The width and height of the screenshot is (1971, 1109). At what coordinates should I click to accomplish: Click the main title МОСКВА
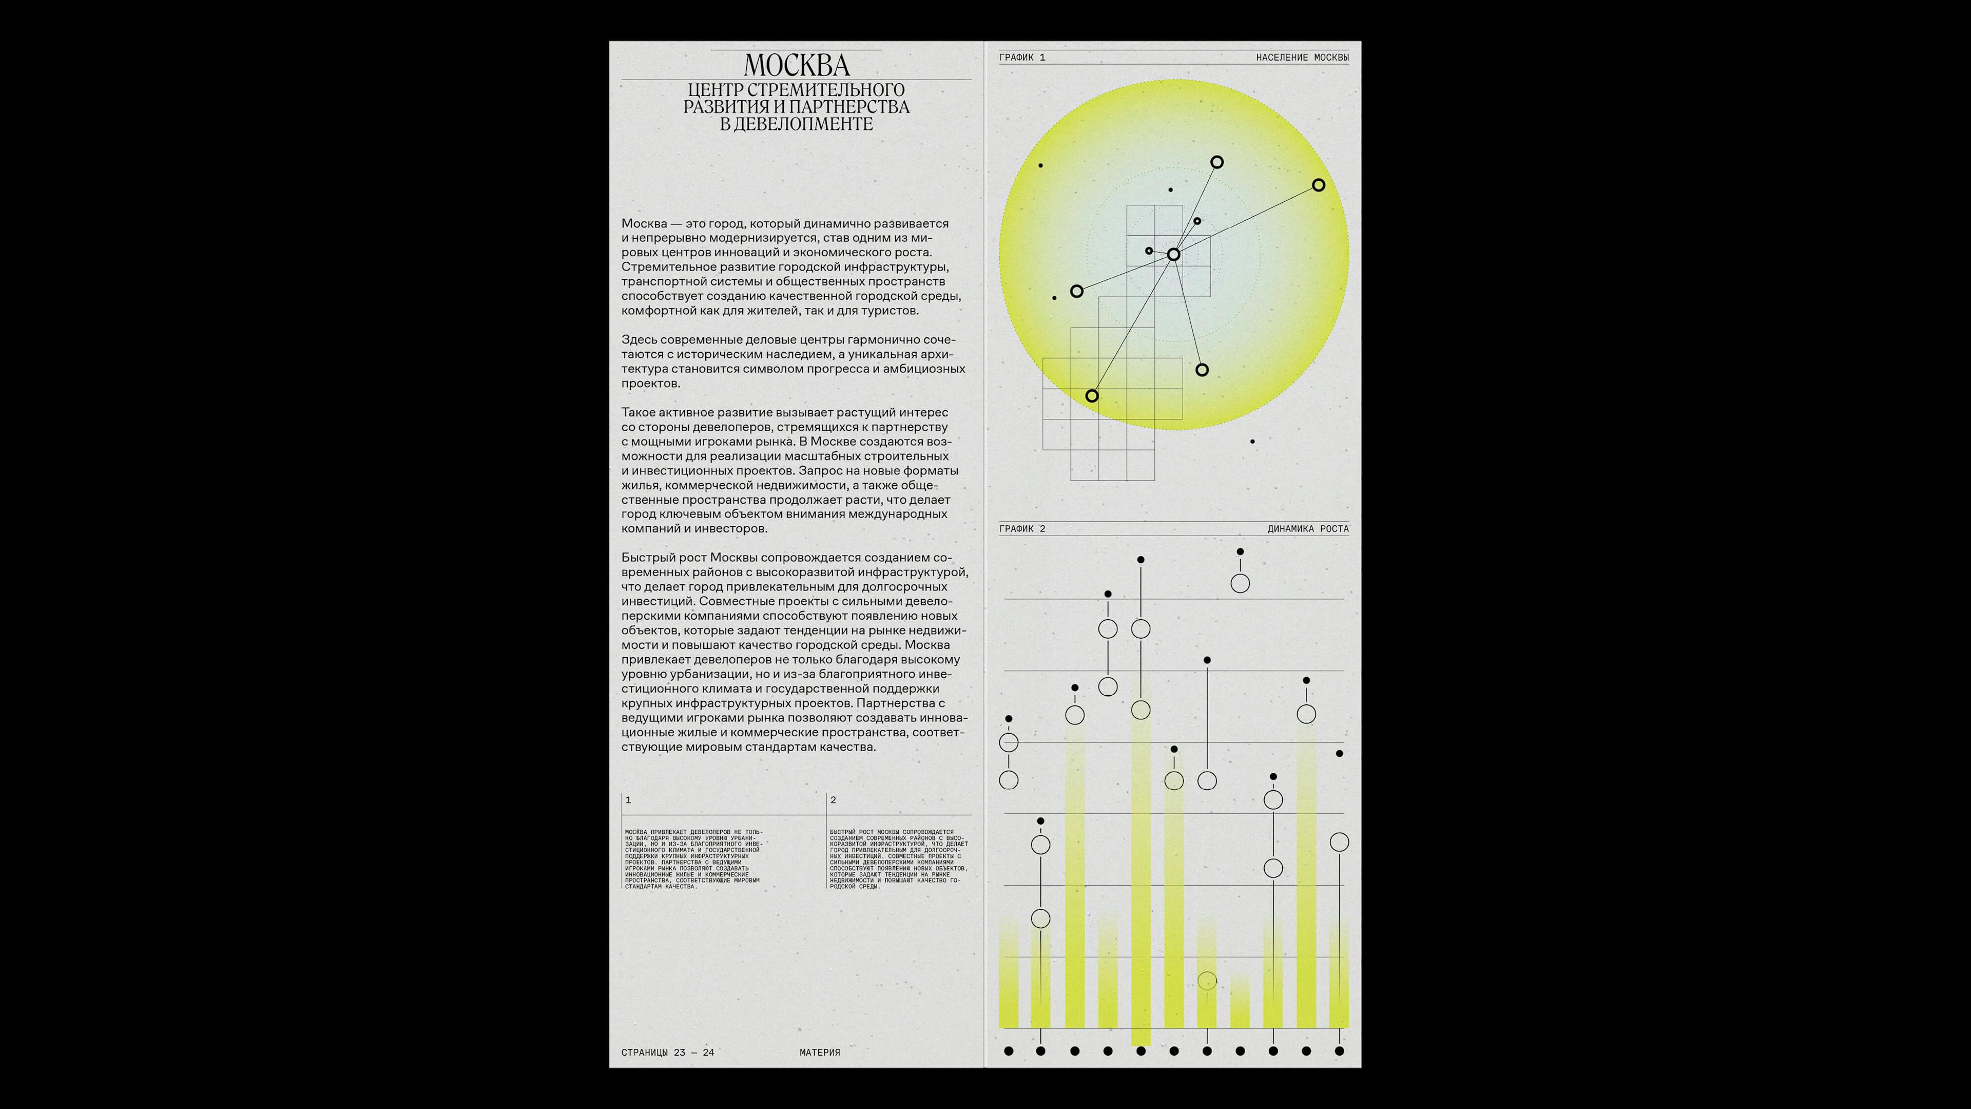[797, 65]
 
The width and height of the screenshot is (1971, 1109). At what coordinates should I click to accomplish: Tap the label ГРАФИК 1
[1021, 58]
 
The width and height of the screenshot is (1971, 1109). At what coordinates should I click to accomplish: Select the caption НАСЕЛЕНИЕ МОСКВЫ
[1302, 58]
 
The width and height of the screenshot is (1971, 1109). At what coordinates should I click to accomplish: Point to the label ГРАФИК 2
[1021, 529]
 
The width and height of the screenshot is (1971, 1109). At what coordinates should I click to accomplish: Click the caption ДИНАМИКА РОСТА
[1308, 529]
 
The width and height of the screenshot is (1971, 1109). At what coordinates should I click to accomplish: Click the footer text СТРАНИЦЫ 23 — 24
[667, 1053]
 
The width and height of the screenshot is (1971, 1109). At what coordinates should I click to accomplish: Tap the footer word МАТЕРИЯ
[820, 1053]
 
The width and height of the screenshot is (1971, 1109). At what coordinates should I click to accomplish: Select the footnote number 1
[628, 800]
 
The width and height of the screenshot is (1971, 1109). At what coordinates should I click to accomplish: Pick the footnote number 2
[833, 800]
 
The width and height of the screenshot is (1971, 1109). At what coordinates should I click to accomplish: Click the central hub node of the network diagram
[1173, 254]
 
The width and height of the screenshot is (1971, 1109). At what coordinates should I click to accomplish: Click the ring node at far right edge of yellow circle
[1318, 185]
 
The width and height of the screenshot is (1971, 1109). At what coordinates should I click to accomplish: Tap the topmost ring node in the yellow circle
[1216, 162]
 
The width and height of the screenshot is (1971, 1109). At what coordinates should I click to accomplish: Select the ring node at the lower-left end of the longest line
[1092, 396]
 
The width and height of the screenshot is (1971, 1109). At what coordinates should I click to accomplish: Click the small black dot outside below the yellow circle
[1252, 442]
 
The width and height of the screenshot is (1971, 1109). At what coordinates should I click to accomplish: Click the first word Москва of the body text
[644, 223]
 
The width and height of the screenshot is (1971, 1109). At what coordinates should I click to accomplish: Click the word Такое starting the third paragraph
[638, 412]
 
